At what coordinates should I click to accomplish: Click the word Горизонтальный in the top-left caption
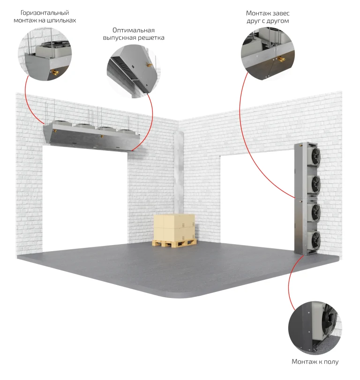tap(45, 13)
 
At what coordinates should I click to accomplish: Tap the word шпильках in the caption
tap(61, 20)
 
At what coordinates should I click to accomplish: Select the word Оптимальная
tap(134, 30)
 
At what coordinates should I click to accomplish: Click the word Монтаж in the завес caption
tap(257, 13)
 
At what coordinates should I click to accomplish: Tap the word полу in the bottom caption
tap(331, 362)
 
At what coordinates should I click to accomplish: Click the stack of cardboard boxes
tap(174, 227)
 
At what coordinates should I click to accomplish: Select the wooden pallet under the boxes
tap(174, 243)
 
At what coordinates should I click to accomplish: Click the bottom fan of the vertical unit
tap(315, 240)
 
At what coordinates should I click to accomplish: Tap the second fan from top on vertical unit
tap(315, 184)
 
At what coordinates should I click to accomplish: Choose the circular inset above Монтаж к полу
tap(315, 328)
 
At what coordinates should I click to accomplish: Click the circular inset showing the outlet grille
tap(134, 71)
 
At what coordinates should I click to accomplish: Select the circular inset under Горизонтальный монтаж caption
tap(45, 54)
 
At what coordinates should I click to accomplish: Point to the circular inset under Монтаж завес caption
tap(268, 54)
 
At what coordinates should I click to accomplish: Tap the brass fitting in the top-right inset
tap(281, 59)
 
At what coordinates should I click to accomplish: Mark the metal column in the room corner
tap(179, 173)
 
